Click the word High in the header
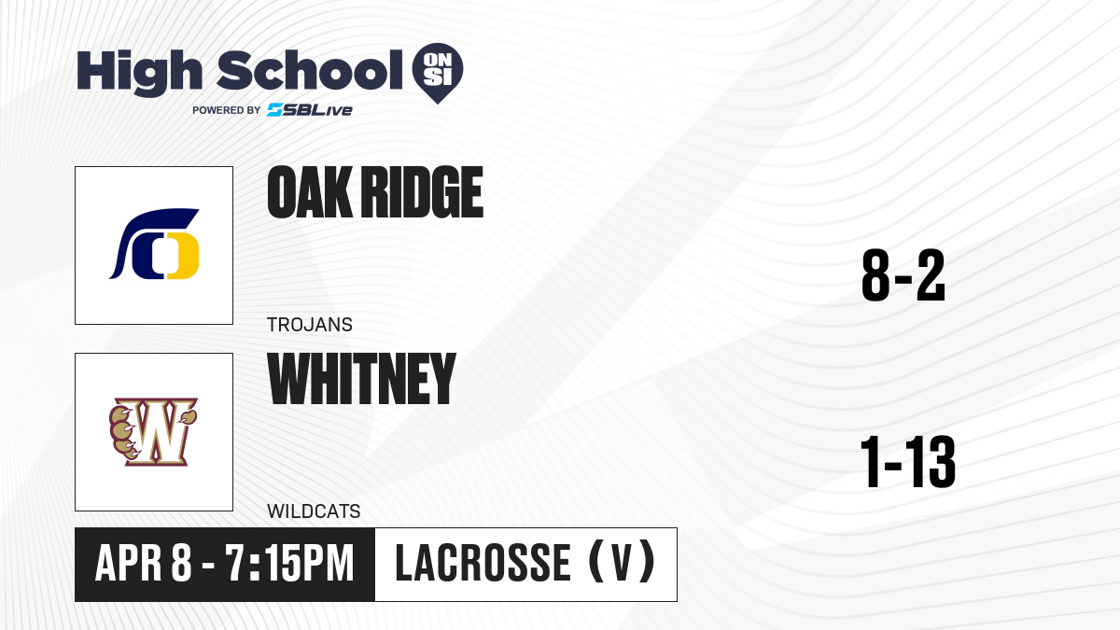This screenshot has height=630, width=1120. [139, 72]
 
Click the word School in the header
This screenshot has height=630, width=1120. [310, 70]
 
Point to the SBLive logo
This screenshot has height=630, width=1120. [309, 110]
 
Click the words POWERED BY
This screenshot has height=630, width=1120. [227, 110]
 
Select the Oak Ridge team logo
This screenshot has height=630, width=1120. [154, 244]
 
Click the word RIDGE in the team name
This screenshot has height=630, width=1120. [422, 192]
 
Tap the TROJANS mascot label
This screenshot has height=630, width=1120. [310, 325]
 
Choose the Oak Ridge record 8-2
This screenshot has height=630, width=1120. [903, 275]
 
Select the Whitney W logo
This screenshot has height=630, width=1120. [153, 431]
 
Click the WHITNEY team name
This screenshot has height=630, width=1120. [361, 379]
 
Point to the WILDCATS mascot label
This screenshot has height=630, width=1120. [314, 511]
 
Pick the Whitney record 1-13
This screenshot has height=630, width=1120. [907, 461]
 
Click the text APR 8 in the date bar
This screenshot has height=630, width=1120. [144, 564]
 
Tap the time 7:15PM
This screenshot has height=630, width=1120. [289, 564]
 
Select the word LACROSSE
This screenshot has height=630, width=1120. [483, 563]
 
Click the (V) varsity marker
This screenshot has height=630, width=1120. [622, 563]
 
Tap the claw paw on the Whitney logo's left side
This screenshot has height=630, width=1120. [122, 432]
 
